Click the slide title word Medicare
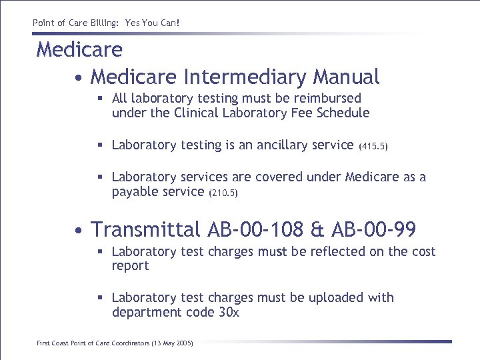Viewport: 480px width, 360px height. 79,49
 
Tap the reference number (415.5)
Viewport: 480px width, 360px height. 373,146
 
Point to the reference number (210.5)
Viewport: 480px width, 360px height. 224,193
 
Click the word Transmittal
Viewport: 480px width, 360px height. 145,230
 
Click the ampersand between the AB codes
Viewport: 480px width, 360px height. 317,230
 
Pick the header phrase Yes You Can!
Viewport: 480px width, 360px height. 152,23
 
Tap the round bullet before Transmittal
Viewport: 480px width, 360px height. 79,231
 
